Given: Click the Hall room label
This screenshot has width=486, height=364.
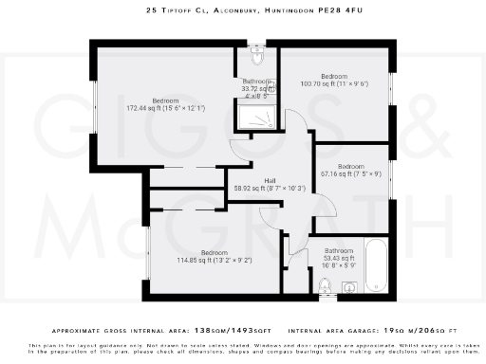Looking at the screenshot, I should coord(270,180).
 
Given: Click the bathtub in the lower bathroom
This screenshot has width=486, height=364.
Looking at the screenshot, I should coord(374,264).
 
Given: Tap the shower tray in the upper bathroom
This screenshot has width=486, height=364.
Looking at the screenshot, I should coord(254,118).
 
